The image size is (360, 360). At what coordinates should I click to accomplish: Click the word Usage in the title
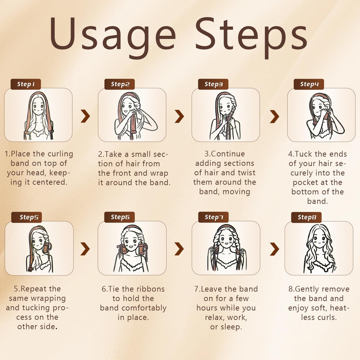pyautogui.click(x=112, y=36)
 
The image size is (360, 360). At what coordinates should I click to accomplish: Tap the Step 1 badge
pyautogui.click(x=26, y=84)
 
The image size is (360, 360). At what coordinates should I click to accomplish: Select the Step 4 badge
pyautogui.click(x=309, y=84)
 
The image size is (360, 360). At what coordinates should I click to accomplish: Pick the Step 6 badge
pyautogui.click(x=120, y=217)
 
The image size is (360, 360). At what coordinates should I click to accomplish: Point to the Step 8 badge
pyautogui.click(x=306, y=217)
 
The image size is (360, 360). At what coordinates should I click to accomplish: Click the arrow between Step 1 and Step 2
pyautogui.click(x=85, y=116)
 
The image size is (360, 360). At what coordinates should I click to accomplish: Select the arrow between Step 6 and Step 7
pyautogui.click(x=179, y=249)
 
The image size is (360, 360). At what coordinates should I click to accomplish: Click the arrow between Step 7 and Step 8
pyautogui.click(x=274, y=249)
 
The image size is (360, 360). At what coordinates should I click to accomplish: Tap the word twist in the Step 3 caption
pyautogui.click(x=246, y=172)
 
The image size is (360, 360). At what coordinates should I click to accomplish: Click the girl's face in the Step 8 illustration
pyautogui.click(x=319, y=240)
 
